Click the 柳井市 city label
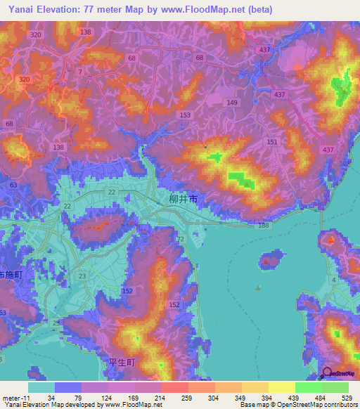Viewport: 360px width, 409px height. click(184, 200)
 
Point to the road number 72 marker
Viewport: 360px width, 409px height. click(180, 240)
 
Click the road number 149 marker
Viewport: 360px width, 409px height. click(231, 103)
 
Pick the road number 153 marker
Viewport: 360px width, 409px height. click(185, 115)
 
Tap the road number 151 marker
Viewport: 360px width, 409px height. click(272, 142)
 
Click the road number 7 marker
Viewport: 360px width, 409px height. click(80, 72)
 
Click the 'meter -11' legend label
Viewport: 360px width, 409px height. click(15, 398)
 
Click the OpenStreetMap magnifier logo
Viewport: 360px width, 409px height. click(328, 374)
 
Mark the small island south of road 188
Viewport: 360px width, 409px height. click(270, 259)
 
